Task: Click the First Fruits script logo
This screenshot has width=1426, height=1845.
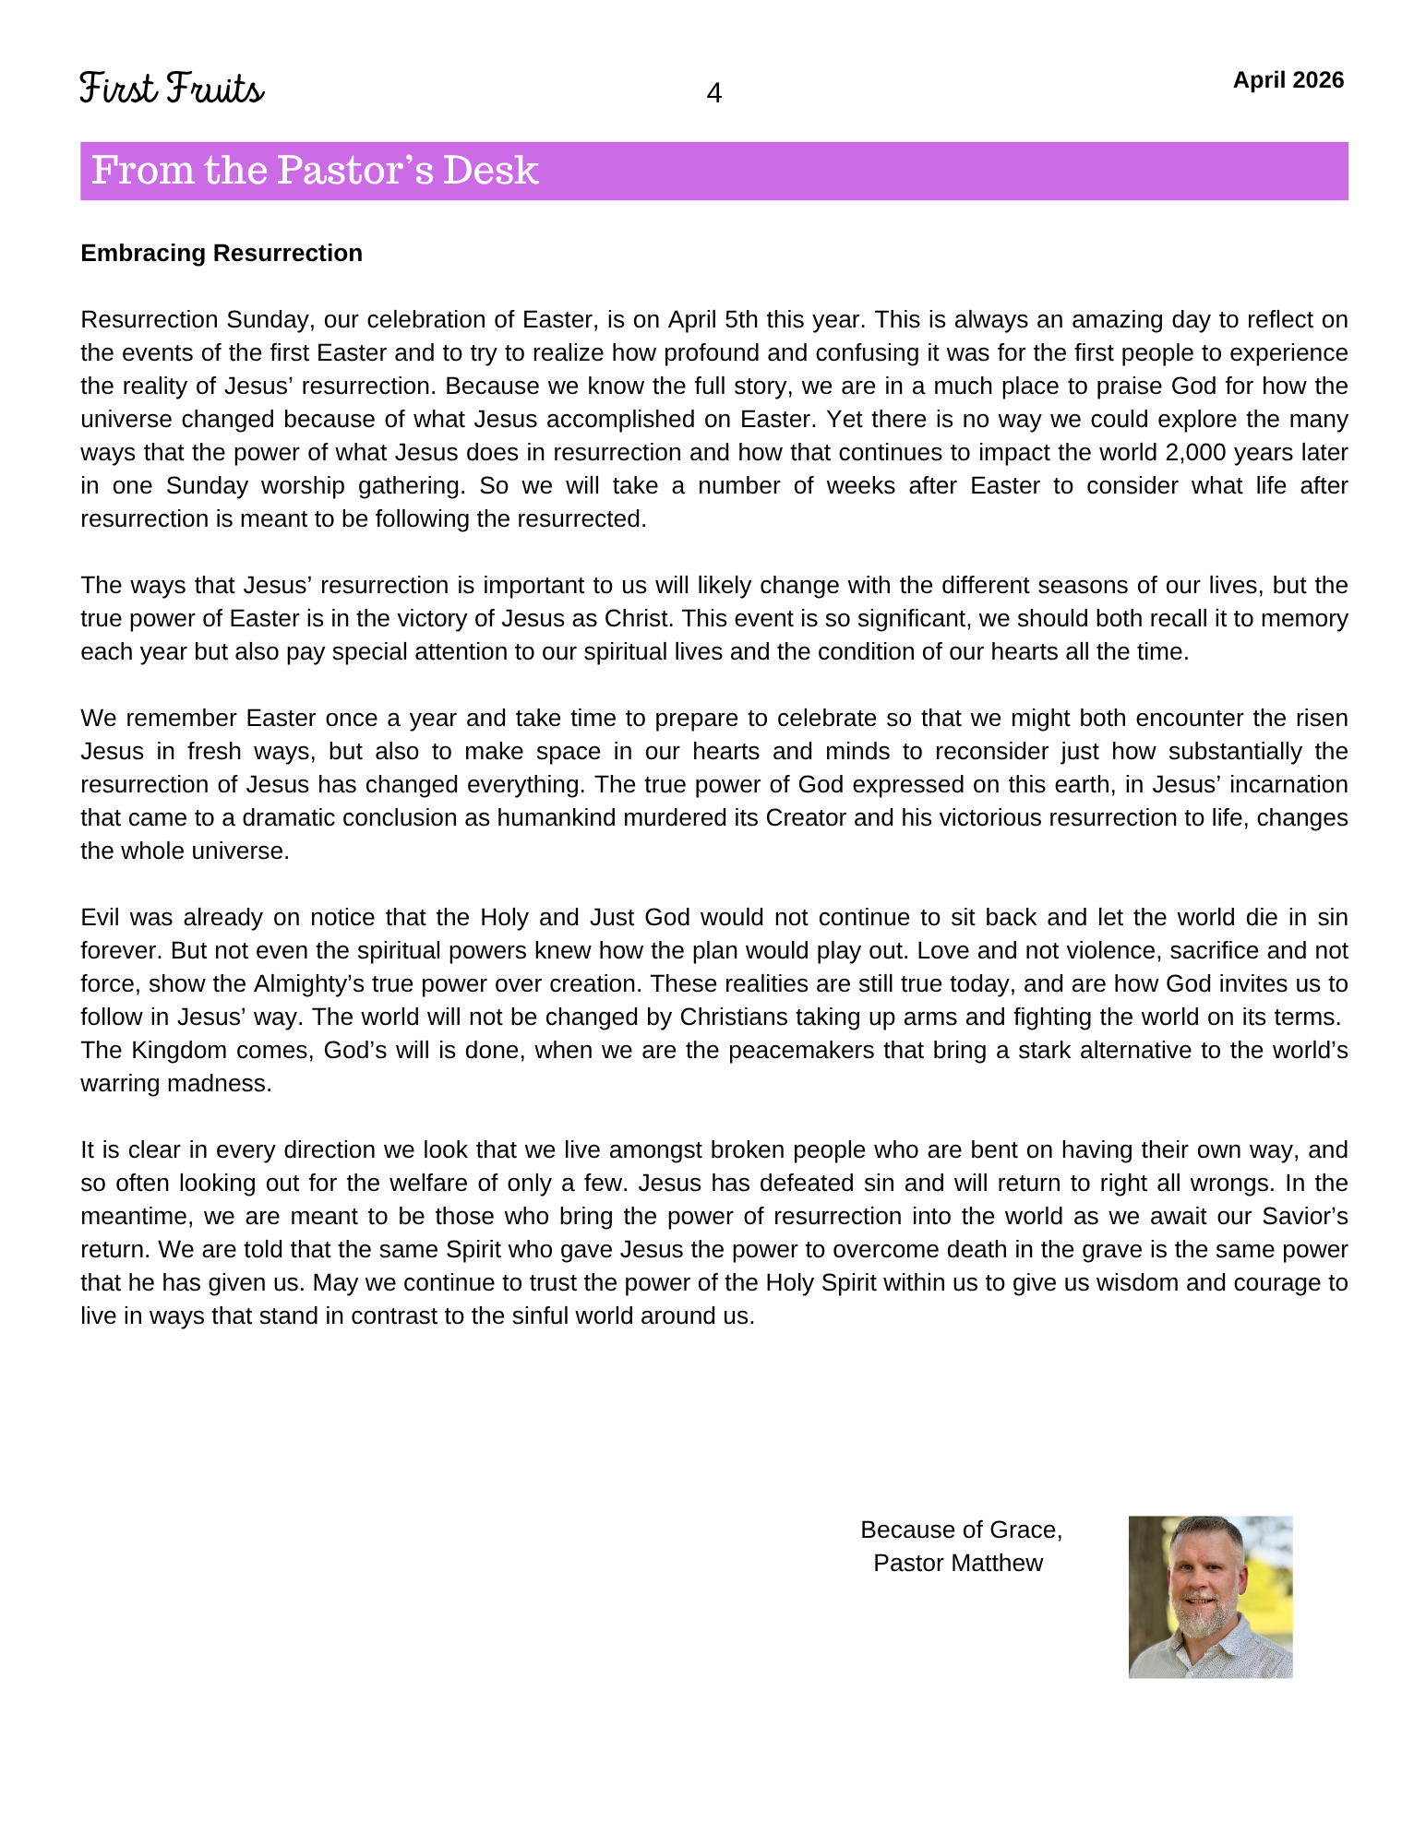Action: pos(172,89)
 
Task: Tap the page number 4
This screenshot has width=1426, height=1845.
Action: pos(713,93)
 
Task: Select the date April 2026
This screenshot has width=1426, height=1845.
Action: pos(1288,80)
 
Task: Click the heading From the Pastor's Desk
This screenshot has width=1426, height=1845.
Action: pos(315,171)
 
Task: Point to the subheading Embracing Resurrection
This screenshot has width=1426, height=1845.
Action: pos(222,254)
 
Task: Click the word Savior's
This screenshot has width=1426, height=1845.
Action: pos(1302,1217)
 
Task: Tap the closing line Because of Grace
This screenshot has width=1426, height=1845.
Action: pos(961,1530)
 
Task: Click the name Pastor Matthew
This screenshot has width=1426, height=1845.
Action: pos(958,1564)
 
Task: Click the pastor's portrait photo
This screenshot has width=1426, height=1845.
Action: pos(1210,1597)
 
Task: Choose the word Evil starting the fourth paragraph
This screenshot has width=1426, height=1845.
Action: pos(102,918)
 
